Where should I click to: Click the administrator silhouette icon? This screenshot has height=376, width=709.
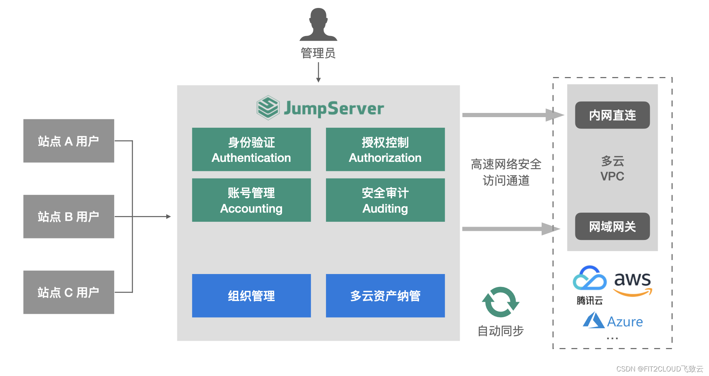click(318, 25)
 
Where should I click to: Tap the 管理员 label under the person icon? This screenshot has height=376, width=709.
click(318, 53)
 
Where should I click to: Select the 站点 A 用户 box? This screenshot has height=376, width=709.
click(69, 141)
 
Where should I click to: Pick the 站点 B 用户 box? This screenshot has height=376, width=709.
click(69, 216)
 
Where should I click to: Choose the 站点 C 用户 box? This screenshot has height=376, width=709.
click(69, 292)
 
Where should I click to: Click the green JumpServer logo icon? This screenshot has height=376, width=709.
click(268, 108)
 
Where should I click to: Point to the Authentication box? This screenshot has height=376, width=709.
click(251, 149)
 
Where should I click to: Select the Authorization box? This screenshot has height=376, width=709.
click(385, 149)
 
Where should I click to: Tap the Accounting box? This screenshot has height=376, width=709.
click(251, 200)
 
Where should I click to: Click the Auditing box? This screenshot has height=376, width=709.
click(385, 200)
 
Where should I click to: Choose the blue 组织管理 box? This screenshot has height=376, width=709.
click(251, 296)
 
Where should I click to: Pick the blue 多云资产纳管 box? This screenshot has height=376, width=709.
click(385, 296)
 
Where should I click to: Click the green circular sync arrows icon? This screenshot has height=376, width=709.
click(500, 302)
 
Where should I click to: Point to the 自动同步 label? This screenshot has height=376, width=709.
click(500, 331)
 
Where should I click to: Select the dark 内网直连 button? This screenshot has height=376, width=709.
click(612, 115)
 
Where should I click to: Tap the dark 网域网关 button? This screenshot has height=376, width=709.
click(612, 226)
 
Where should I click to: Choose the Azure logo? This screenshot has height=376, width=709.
click(613, 321)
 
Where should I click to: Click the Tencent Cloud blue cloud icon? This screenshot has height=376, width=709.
click(589, 279)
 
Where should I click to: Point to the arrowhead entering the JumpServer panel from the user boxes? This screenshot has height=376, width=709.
click(169, 216)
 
